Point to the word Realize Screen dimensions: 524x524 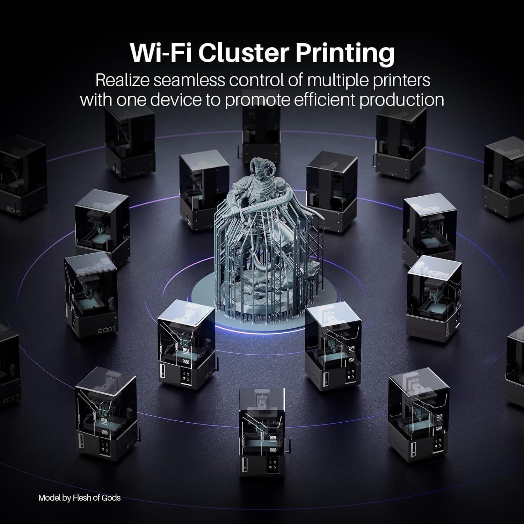[x=123, y=80]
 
